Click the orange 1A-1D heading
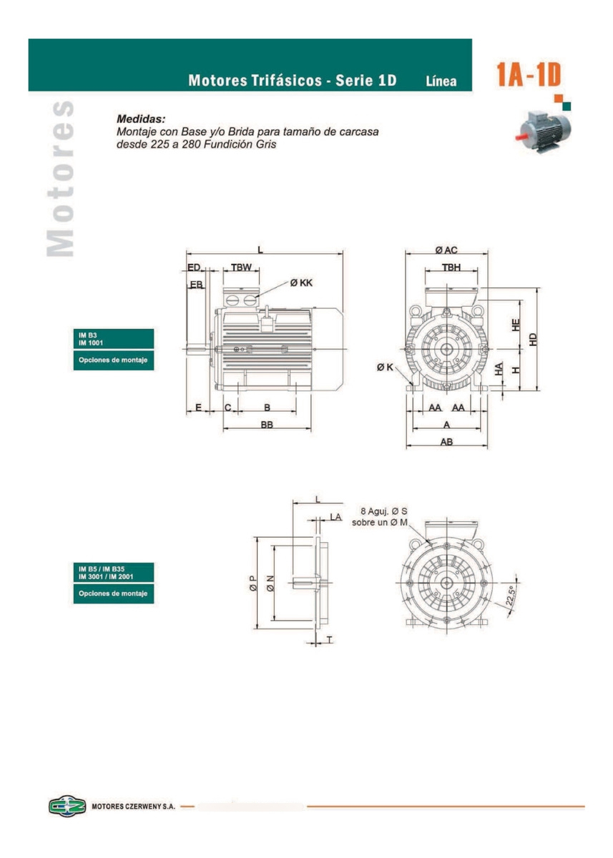pyautogui.click(x=528, y=74)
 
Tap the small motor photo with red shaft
pyautogui.click(x=542, y=131)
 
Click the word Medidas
pyautogui.click(x=141, y=119)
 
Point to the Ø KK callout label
pyautogui.click(x=301, y=282)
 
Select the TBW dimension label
pyautogui.click(x=241, y=267)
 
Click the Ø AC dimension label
pyautogui.click(x=446, y=250)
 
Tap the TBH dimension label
pyautogui.click(x=451, y=267)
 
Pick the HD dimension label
pyautogui.click(x=533, y=340)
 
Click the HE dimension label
pyautogui.click(x=516, y=325)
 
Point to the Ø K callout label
pyautogui.click(x=385, y=367)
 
